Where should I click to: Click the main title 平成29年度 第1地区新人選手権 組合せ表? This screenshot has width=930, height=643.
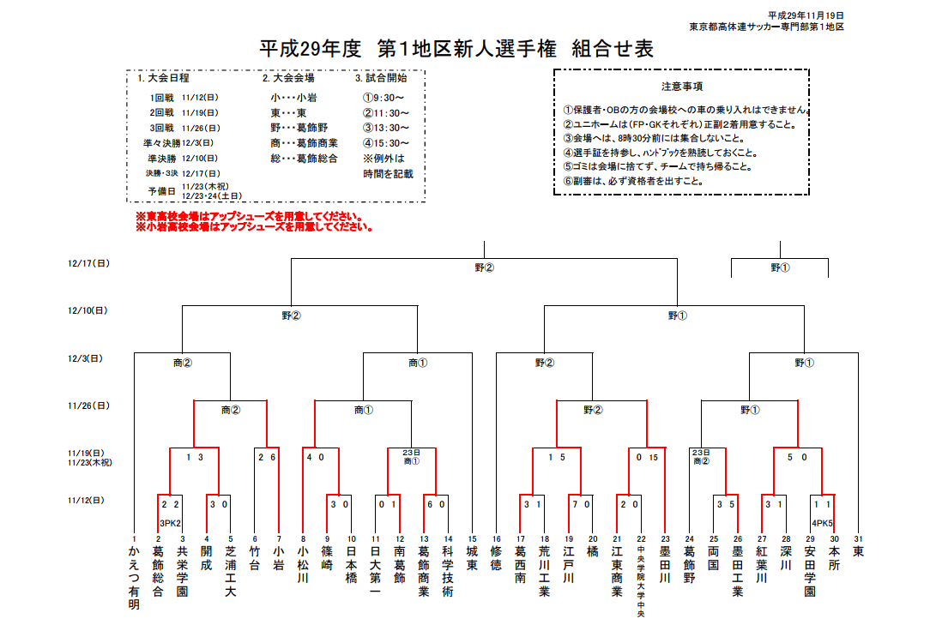pyautogui.click(x=456, y=49)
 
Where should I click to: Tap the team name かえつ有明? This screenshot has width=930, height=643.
pyautogui.click(x=134, y=578)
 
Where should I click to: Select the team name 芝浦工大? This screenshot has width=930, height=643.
pyautogui.click(x=231, y=571)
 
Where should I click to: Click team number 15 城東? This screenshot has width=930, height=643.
pyautogui.click(x=472, y=558)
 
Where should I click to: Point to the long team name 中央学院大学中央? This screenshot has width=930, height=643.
pyautogui.click(x=641, y=581)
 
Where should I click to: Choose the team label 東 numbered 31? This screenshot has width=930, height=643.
pyautogui.click(x=858, y=552)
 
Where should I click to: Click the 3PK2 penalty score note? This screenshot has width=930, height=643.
pyautogui.click(x=170, y=523)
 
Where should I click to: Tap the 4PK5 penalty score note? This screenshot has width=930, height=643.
pyautogui.click(x=823, y=523)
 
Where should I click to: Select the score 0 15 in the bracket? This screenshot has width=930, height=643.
pyautogui.click(x=647, y=458)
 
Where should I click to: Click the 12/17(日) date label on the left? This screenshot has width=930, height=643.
pyautogui.click(x=88, y=263)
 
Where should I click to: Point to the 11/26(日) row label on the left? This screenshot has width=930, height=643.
pyautogui.click(x=88, y=406)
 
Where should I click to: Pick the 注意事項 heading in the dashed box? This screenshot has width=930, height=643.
pyautogui.click(x=682, y=87)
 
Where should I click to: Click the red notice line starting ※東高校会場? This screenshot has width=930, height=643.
pyautogui.click(x=249, y=216)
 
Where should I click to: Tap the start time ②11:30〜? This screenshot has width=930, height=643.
pyautogui.click(x=386, y=112)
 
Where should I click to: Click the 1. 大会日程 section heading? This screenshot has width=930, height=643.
pyautogui.click(x=163, y=78)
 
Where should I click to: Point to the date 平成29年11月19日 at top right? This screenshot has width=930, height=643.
pyautogui.click(x=806, y=16)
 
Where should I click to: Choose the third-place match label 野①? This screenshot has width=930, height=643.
pyautogui.click(x=780, y=267)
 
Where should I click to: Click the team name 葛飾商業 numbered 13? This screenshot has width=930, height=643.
pyautogui.click(x=424, y=571)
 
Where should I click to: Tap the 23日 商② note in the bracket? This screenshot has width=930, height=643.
pyautogui.click(x=701, y=456)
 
